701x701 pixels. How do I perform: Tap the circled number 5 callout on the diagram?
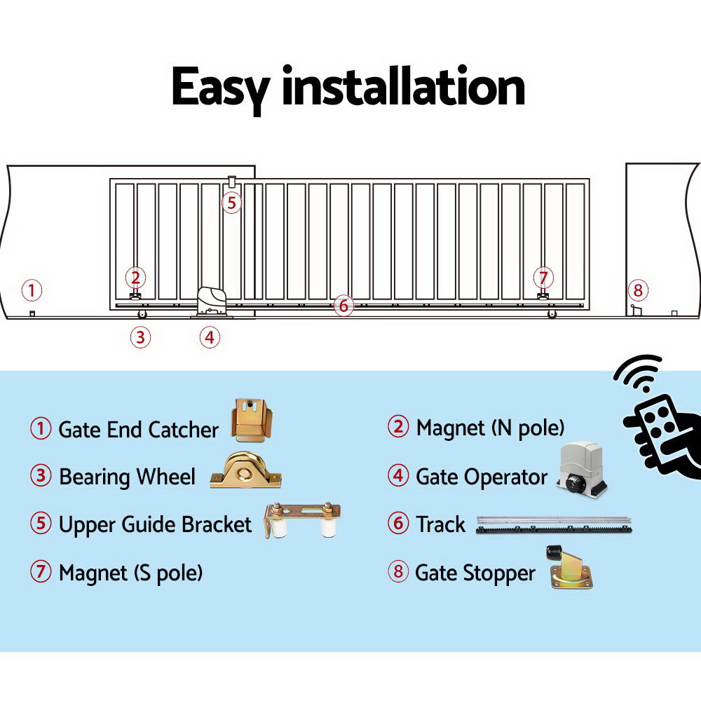[232, 203]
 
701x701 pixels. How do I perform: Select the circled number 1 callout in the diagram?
[31, 290]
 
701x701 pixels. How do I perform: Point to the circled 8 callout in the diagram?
[637, 290]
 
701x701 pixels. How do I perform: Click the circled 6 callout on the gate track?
[343, 306]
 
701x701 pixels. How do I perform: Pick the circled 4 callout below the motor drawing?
[208, 337]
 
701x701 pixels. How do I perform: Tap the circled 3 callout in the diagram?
[140, 337]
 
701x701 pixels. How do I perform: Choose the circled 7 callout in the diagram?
[543, 277]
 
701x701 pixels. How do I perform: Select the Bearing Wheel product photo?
[246, 471]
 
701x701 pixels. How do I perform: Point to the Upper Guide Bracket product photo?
[303, 522]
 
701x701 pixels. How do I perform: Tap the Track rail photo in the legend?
[553, 526]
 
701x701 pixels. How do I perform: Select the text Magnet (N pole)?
[490, 427]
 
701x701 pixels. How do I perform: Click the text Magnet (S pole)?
[131, 573]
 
